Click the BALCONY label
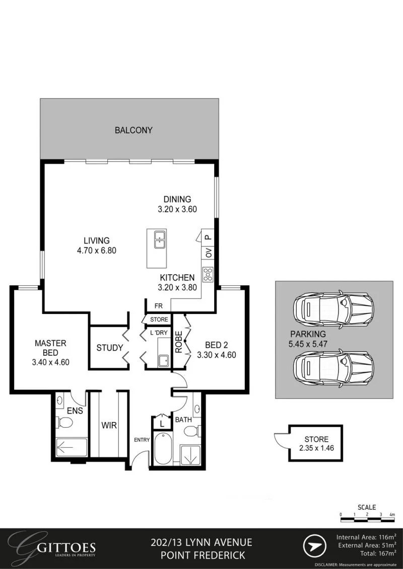133,130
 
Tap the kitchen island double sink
160,240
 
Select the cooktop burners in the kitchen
208,274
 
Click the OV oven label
208,253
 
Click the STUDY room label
109,348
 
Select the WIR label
109,426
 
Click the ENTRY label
142,440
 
